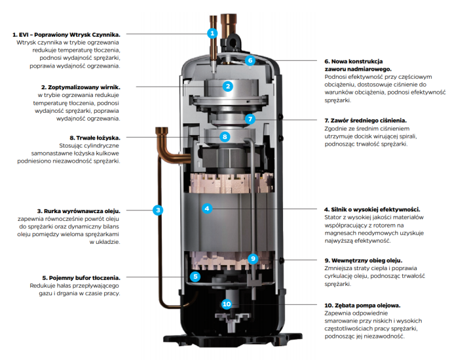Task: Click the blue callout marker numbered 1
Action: [212, 33]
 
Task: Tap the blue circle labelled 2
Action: [228, 87]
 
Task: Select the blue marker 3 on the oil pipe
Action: [158, 210]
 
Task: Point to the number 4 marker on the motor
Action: [207, 209]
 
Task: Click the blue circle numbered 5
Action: [195, 277]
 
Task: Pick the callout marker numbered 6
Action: [250, 60]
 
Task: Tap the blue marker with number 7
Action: [250, 119]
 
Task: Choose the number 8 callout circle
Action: [225, 137]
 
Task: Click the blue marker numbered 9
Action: [253, 258]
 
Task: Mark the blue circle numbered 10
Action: [227, 304]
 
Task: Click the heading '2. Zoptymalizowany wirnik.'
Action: [81, 87]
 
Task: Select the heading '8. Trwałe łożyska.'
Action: [95, 138]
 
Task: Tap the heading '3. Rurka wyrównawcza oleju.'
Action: [79, 211]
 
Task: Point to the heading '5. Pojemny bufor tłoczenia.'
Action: [81, 278]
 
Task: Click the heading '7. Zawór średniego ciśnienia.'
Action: [366, 121]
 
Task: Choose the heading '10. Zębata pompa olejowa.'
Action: [362, 306]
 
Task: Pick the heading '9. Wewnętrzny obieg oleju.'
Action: [364, 260]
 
